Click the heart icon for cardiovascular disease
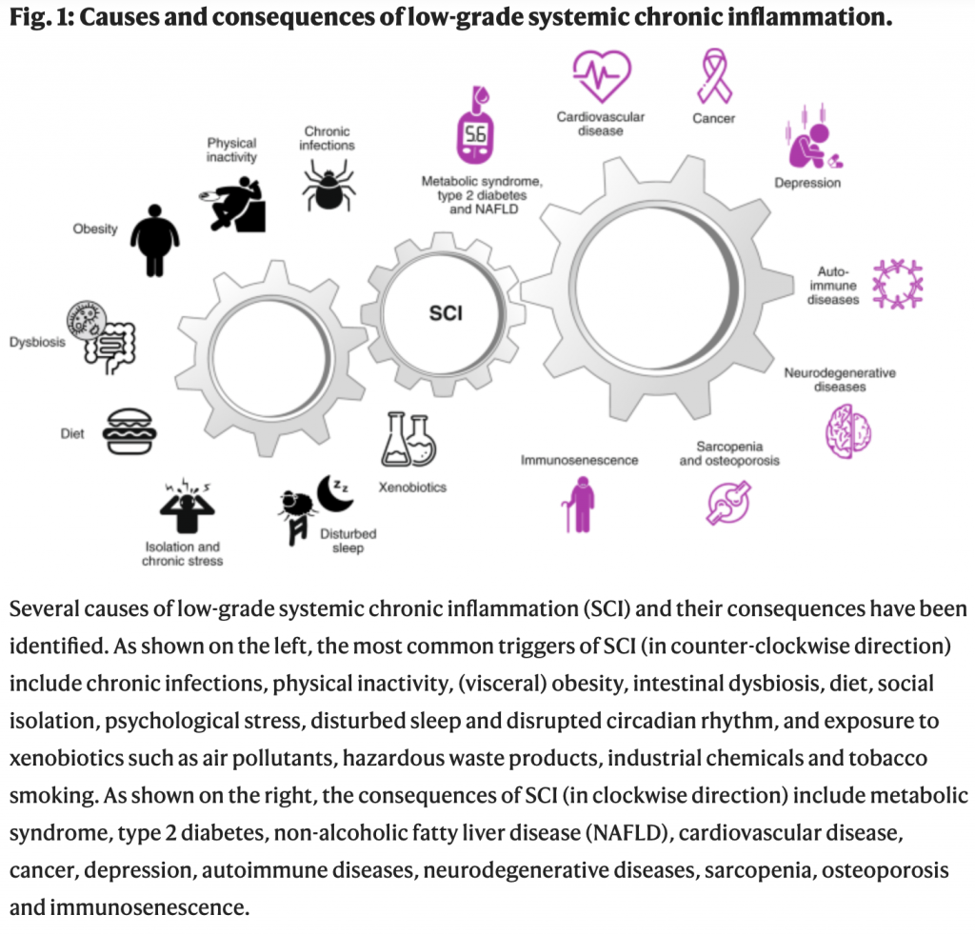click(x=601, y=75)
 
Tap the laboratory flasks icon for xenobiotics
click(x=408, y=440)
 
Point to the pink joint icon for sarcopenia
click(x=728, y=502)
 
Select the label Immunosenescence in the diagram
click(x=579, y=460)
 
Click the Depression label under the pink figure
click(x=807, y=183)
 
